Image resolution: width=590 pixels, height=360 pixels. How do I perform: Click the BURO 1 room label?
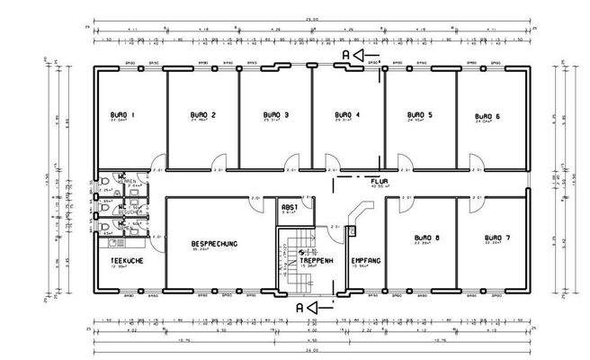pos(121,116)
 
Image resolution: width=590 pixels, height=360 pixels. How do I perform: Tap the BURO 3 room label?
pos(276,116)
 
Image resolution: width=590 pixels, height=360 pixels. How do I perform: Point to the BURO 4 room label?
pos(347,116)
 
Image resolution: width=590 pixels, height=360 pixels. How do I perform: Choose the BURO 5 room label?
pos(419,116)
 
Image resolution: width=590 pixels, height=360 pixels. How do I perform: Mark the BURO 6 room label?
pos(487,116)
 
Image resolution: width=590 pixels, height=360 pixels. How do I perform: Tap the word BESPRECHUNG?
pos(214,244)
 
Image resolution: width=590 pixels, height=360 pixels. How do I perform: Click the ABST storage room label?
pos(289,207)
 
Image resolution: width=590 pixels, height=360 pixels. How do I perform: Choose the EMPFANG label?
pos(366,260)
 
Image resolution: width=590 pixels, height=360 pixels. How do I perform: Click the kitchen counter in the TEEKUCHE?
pos(117,241)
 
